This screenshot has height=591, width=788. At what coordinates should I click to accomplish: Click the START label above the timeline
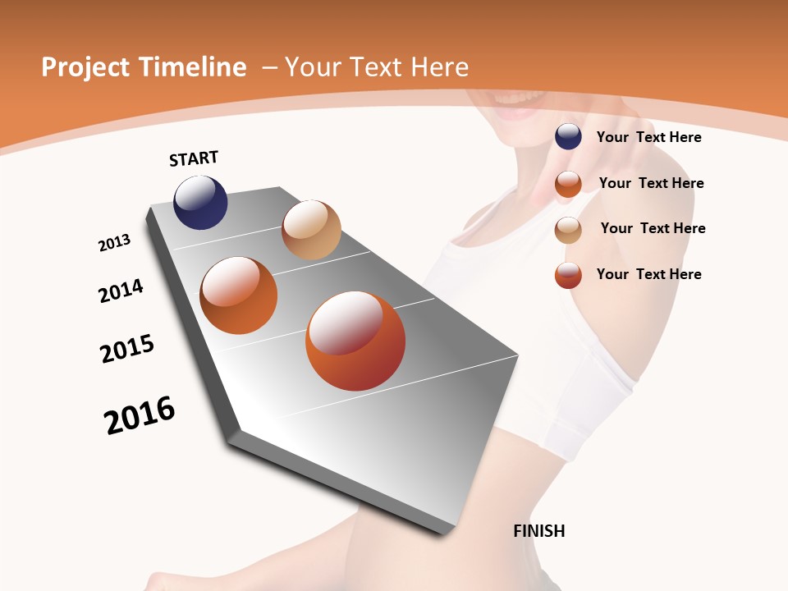tap(194, 158)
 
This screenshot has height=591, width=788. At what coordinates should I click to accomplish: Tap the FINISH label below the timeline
tap(538, 531)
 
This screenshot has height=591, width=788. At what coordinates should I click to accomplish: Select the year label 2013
tap(114, 243)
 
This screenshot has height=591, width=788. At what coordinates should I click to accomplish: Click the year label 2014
tap(121, 291)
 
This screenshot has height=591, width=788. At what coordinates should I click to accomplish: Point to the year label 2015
tap(127, 349)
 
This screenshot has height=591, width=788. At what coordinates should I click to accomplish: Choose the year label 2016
tap(140, 415)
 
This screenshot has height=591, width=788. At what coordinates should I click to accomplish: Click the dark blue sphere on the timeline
tap(200, 203)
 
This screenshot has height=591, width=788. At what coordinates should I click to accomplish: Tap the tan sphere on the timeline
tap(311, 230)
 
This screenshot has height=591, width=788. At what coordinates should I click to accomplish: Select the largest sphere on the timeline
tap(355, 341)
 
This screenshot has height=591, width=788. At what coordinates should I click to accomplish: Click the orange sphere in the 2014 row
tap(239, 295)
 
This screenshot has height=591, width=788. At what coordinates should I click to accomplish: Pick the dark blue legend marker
tap(568, 136)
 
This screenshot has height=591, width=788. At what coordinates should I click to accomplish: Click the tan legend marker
tap(568, 230)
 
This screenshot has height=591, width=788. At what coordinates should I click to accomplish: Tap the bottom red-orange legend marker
tap(568, 275)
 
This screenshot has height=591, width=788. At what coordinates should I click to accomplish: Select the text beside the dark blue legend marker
tap(648, 137)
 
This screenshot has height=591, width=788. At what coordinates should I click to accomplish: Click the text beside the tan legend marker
tap(653, 228)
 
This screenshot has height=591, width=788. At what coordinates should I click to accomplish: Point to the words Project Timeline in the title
tap(144, 67)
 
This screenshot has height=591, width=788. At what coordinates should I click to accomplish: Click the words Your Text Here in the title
tap(376, 67)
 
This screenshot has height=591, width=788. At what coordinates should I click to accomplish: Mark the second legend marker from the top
tap(568, 184)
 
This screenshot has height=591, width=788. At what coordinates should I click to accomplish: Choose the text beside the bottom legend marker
tap(648, 274)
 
